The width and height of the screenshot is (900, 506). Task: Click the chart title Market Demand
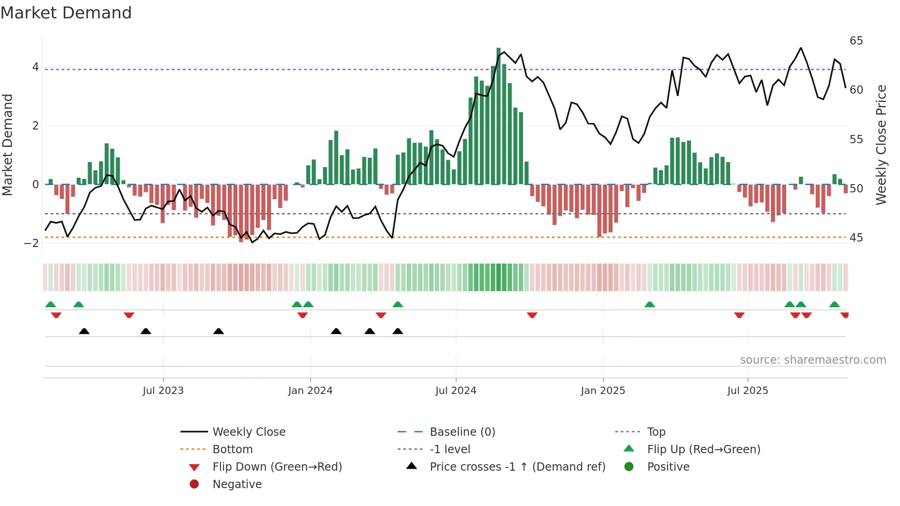pos(66,13)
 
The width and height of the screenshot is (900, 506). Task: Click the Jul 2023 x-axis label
pos(163,391)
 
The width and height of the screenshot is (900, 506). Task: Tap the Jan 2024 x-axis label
pos(310,391)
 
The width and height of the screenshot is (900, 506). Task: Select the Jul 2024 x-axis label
pos(456,391)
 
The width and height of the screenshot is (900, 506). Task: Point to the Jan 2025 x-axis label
pos(602,391)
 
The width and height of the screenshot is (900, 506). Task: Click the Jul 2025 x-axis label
pos(748,391)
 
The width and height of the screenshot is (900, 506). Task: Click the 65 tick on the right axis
pos(856,41)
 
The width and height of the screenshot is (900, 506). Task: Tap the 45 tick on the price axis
pos(856,238)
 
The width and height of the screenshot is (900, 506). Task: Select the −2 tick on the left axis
pos(32,243)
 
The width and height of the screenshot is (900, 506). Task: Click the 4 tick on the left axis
pos(35,67)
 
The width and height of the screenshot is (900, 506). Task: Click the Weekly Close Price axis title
pos(881,145)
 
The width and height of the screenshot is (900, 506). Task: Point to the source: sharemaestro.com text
pos(813,360)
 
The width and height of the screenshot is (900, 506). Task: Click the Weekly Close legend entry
pos(248,432)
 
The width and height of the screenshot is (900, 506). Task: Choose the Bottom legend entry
pos(232,450)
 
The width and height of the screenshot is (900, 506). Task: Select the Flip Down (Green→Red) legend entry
pos(277,467)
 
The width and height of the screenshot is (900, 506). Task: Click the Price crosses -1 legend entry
pos(517,467)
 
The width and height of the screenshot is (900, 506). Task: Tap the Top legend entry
pos(656,432)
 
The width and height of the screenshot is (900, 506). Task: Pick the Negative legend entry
pos(237,484)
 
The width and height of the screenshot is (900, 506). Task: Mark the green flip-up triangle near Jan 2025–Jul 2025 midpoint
pos(649,304)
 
